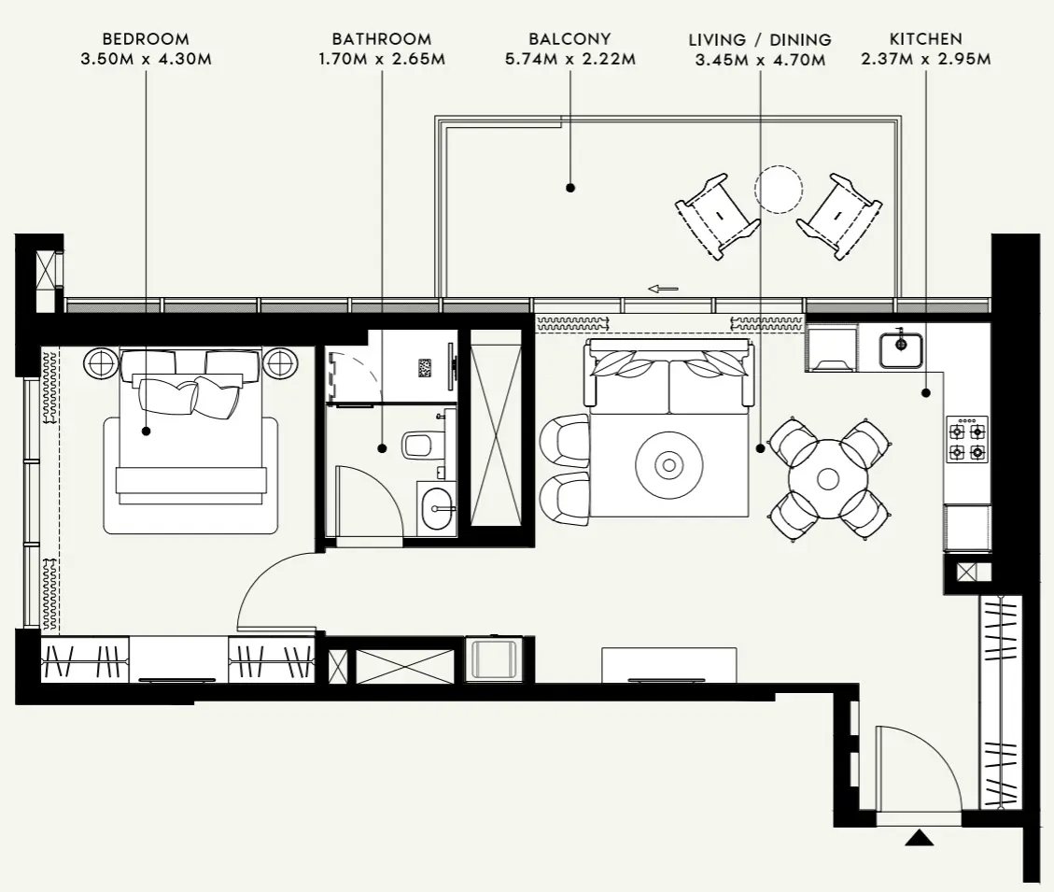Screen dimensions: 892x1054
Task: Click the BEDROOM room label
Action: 145,39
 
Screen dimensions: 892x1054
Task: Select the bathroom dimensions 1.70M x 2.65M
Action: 382,59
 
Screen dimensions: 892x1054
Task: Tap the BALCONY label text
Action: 569,39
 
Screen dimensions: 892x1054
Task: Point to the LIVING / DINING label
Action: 759,40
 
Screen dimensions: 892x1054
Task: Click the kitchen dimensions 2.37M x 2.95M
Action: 926,59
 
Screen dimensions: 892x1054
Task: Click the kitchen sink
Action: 901,348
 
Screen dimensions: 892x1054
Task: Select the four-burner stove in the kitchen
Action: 966,440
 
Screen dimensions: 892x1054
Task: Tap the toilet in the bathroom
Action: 423,444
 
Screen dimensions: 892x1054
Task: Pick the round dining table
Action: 828,479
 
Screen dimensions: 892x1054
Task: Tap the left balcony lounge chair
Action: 717,216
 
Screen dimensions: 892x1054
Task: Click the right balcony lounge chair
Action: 839,216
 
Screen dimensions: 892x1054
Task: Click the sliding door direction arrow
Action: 663,289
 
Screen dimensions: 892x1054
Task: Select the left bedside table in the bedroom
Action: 101,362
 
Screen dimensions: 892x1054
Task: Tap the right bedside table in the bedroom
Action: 279,362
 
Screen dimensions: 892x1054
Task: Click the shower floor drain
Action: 425,368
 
